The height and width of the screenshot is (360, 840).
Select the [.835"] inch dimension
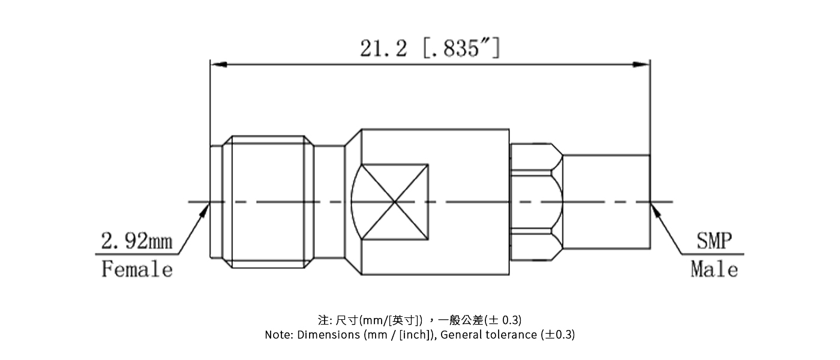coord(461,47)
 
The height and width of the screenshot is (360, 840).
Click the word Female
coord(137,269)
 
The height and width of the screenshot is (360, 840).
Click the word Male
coord(714,269)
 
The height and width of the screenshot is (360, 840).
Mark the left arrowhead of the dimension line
coord(217,64)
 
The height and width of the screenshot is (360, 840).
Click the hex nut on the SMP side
coord(535,202)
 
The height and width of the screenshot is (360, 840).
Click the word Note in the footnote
coord(280,335)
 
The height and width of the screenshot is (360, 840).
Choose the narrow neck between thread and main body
coord(329,202)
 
